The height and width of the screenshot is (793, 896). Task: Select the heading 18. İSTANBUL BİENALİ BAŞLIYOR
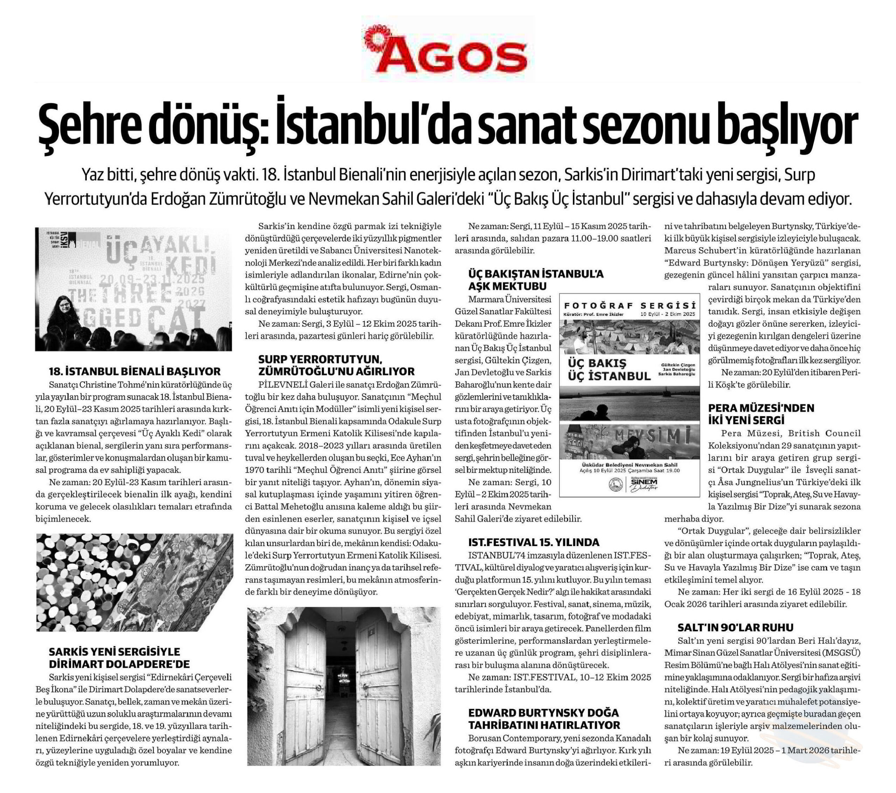coord(135,371)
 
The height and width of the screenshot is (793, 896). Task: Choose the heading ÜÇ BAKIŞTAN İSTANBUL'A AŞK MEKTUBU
coord(535,280)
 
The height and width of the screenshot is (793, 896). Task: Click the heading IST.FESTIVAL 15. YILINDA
coord(533,542)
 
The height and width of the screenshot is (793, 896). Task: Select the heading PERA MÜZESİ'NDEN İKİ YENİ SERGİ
coord(761,413)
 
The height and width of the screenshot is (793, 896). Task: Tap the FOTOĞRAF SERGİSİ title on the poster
coord(630,305)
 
